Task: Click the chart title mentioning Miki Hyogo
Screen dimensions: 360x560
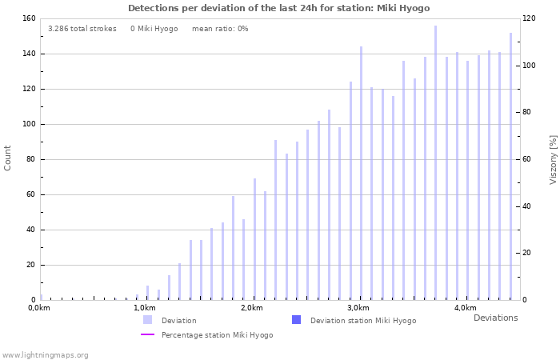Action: coord(279,8)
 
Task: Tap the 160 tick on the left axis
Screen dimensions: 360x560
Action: coord(28,18)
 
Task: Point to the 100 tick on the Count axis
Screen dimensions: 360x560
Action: coord(28,124)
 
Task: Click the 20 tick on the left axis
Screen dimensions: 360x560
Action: coord(30,265)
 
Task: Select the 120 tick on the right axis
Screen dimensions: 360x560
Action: coord(529,18)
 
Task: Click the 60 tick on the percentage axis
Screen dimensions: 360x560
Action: coord(526,159)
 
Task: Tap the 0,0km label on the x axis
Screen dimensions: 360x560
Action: coord(39,308)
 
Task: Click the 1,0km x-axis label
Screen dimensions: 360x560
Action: coord(145,308)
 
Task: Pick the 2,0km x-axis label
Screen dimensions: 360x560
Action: coord(252,308)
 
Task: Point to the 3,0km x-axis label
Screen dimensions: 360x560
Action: coord(358,308)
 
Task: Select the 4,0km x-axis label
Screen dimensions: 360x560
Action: coord(465,308)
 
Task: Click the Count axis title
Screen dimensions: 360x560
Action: coord(8,158)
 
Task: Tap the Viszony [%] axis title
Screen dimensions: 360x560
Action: coord(553,159)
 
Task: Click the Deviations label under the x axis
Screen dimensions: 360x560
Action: coord(495,318)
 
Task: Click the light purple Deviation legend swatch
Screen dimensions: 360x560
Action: coord(148,320)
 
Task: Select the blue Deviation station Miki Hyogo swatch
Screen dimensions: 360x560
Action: coord(297,320)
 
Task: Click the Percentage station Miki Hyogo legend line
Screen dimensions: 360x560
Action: coord(148,334)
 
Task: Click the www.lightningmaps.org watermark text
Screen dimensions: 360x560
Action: coord(46,354)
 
